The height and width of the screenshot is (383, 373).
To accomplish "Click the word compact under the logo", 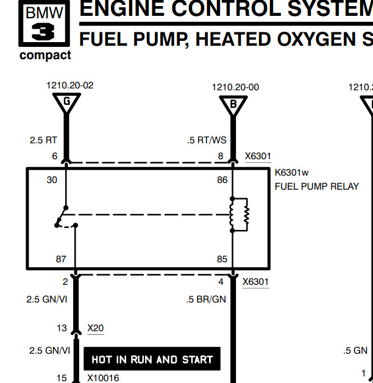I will tap(45, 55).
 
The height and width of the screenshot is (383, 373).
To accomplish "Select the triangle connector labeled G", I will tap(66, 103).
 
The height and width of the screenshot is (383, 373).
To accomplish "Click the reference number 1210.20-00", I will tap(235, 87).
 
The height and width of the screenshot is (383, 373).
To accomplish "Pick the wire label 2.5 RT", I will tap(43, 140).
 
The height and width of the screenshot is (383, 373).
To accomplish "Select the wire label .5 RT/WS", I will tap(206, 140).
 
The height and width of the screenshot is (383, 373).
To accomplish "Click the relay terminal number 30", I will tap(52, 180).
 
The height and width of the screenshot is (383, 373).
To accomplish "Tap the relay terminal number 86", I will tap(222, 180).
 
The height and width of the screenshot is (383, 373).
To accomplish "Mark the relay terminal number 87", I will tap(61, 259).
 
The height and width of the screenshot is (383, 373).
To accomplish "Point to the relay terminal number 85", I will tap(222, 259).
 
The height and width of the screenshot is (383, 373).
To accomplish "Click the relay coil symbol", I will tap(240, 215).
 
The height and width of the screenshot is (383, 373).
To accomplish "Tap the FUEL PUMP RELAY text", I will tap(317, 186).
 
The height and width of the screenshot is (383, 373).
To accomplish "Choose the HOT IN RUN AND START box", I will tap(152, 359).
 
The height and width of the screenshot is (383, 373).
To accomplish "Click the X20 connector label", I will tap(95, 329).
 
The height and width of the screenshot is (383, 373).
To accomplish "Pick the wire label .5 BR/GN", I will tap(206, 299).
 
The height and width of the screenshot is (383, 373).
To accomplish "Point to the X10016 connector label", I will tap(103, 378).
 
